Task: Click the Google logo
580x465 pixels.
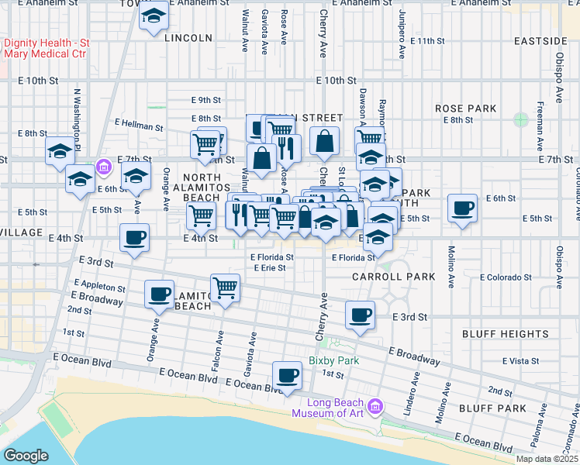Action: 26,456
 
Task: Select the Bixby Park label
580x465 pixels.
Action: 334,360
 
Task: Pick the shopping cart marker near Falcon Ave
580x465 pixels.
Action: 225,288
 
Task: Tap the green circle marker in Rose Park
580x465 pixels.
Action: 520,120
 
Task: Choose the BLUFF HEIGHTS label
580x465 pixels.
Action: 505,334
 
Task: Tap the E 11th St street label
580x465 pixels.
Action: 427,40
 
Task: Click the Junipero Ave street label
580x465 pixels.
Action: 402,35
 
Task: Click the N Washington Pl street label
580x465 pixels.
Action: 77,111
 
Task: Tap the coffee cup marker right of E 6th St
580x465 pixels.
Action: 463,208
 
